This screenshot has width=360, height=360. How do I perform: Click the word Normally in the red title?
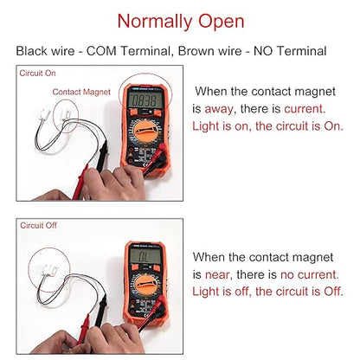point(155,22)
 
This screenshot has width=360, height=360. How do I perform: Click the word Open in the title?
point(222,22)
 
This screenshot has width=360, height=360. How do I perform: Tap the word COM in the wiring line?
point(101,51)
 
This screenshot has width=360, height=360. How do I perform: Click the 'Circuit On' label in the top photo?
point(37,73)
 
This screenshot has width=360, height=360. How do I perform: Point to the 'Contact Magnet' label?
point(81,92)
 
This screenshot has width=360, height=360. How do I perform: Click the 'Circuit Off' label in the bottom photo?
point(38,225)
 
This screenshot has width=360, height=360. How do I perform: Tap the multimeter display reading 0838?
point(146,100)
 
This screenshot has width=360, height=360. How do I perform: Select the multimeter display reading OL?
point(145,256)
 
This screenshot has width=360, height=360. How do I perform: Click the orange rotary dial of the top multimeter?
point(146,132)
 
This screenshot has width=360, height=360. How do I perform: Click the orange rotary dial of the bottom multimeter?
point(145,285)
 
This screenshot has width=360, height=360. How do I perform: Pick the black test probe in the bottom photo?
point(101,311)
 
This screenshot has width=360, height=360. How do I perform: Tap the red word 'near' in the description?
point(217,275)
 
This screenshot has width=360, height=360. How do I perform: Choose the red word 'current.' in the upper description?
point(305,109)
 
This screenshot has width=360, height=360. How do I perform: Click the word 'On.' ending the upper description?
point(334,126)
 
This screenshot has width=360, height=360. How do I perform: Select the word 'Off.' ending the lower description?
point(333,292)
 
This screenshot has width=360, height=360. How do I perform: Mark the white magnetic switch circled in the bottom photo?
point(49,270)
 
